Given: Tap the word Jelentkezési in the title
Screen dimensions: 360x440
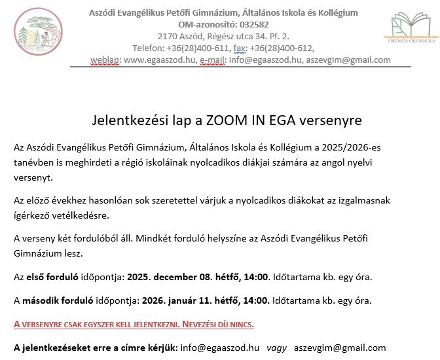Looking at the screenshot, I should click(123, 120).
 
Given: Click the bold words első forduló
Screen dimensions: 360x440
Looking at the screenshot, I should click(53, 277).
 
